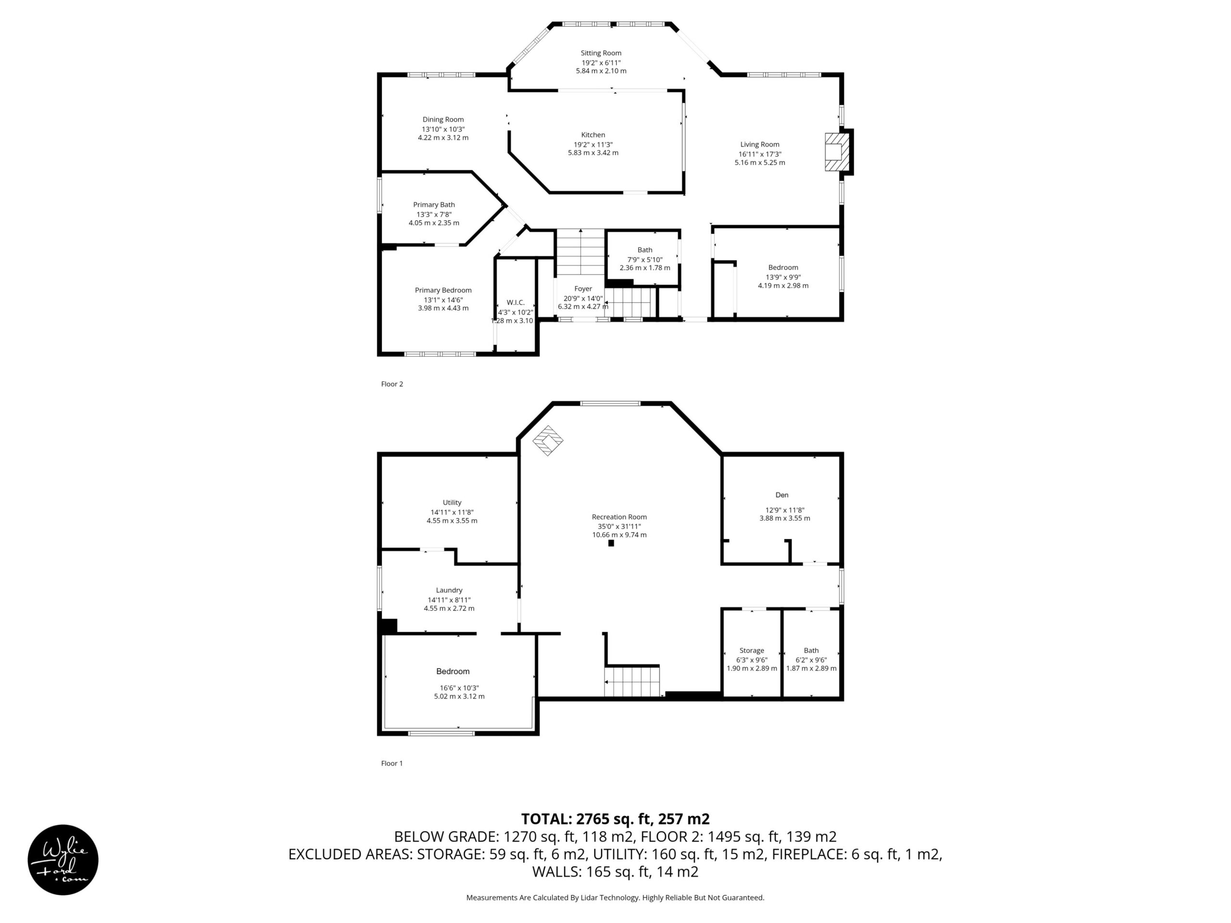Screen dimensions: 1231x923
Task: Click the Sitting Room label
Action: tap(601, 53)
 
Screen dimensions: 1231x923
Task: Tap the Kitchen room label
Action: tap(593, 135)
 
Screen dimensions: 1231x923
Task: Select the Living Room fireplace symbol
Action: tap(837, 152)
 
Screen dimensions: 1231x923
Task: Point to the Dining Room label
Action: tap(443, 120)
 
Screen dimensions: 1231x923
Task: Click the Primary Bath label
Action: tap(434, 205)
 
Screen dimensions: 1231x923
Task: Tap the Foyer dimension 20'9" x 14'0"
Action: tap(583, 298)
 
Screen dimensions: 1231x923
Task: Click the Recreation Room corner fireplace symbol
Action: tap(548, 441)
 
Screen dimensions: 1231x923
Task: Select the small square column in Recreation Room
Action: tap(611, 543)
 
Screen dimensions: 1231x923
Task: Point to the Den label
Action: tap(782, 495)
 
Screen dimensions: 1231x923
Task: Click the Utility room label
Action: tap(452, 503)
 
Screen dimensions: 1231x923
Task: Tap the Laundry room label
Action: tap(449, 590)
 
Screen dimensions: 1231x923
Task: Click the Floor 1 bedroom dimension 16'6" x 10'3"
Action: tap(459, 687)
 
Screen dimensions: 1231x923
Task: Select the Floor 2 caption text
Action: tap(392, 384)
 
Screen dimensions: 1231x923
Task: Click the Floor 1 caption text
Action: tap(392, 763)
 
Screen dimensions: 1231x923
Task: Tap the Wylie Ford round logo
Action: tap(63, 860)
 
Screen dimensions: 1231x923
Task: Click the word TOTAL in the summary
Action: tap(546, 819)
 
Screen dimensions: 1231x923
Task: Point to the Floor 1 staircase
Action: tap(632, 681)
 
